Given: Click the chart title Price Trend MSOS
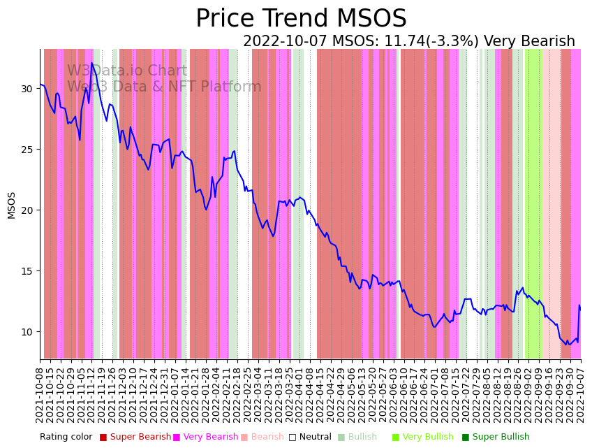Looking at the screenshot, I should pyautogui.click(x=301, y=19).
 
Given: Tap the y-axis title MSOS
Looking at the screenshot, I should pyautogui.click(x=11, y=205).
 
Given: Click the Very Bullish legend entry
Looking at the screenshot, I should pyautogui.click(x=427, y=438).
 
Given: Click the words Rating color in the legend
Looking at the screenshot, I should pyautogui.click(x=66, y=438).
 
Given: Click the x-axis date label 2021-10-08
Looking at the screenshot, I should pyautogui.click(x=40, y=392).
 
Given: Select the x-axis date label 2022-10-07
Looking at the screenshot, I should pyautogui.click(x=580, y=392).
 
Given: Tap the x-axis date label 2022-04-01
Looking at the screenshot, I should pyautogui.click(x=299, y=392).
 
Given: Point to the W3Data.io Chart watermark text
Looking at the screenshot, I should pyautogui.click(x=127, y=71).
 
